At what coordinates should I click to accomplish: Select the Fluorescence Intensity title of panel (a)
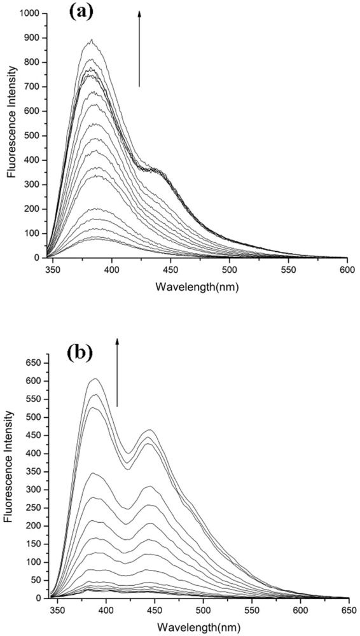11,135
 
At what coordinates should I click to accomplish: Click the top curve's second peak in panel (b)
151,431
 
